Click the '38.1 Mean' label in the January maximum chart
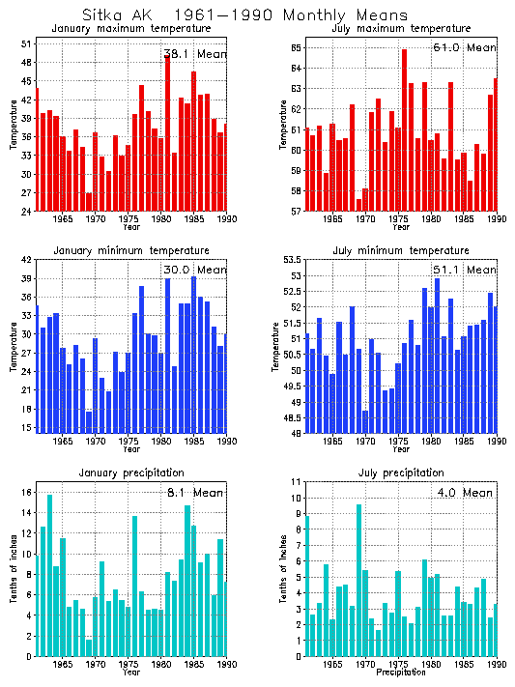click(194, 54)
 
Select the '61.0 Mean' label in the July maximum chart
click(467, 46)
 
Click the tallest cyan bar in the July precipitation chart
click(358, 580)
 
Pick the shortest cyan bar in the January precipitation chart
click(89, 647)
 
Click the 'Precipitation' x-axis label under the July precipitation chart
click(399, 672)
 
